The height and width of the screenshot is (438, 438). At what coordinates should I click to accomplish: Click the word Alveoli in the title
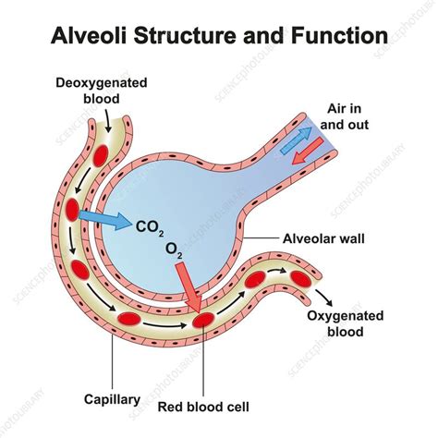coord(90,35)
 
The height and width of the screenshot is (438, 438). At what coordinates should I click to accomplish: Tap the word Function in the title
coord(339,35)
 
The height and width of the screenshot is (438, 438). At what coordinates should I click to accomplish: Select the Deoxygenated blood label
coord(102,91)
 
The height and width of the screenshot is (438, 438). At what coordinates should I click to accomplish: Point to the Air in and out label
coord(345,116)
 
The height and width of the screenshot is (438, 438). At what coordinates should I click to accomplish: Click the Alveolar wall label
coord(323,238)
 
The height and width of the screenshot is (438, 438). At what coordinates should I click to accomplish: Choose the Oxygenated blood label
coord(346,323)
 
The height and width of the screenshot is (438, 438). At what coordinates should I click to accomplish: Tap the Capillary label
coord(112,399)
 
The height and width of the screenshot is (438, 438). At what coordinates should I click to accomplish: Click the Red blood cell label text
coord(203,407)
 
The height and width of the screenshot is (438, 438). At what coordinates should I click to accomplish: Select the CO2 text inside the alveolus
coord(150,228)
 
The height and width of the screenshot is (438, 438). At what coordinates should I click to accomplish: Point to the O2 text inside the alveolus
coord(174,250)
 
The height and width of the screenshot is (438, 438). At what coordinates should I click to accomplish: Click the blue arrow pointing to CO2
coord(105,218)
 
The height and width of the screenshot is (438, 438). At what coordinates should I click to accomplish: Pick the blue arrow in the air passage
coord(297,140)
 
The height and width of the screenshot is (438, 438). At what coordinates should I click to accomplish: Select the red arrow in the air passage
coord(308,151)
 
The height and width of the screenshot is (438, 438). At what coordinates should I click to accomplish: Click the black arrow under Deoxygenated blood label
coord(107,121)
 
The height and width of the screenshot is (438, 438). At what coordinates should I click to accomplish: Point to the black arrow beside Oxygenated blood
coord(324,298)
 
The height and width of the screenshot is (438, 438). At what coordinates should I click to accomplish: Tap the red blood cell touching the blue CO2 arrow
coord(72,210)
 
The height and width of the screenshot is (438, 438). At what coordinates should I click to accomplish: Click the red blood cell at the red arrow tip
coord(203,320)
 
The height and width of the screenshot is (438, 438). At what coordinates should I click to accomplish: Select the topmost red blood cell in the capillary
coord(101,155)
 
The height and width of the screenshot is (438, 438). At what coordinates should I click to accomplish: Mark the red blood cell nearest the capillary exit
coord(301,279)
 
